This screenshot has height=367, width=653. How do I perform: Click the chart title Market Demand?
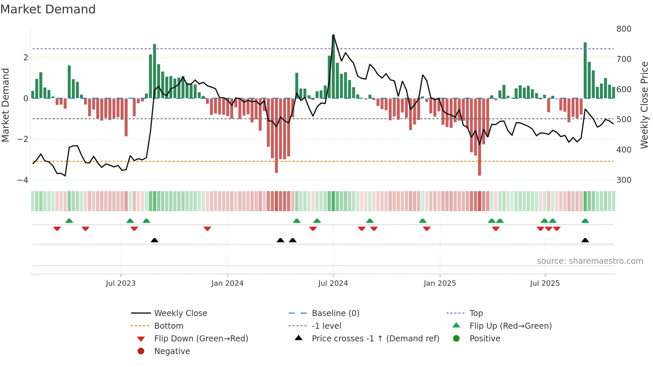click(48, 9)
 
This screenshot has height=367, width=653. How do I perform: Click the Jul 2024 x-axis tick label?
click(333, 283)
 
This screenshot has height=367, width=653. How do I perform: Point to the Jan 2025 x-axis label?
click(439, 283)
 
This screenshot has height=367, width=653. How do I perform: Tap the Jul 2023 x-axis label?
click(121, 283)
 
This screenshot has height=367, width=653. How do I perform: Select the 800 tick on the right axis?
click(624, 29)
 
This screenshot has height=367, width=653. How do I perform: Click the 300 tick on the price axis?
click(624, 180)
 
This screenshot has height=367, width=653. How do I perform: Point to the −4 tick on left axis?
click(23, 180)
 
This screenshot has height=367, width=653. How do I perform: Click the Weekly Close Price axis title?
click(644, 105)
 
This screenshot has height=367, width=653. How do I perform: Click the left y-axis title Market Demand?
click(5, 105)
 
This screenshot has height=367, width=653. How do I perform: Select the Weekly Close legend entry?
click(180, 313)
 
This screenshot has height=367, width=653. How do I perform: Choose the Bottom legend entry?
click(169, 326)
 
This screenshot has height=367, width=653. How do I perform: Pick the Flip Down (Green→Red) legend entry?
click(201, 339)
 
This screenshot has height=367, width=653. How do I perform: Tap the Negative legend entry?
click(172, 351)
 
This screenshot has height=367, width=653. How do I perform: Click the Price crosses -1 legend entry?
click(375, 339)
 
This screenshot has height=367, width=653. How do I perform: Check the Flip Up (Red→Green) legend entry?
click(510, 326)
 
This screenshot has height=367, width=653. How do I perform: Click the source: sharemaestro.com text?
click(590, 261)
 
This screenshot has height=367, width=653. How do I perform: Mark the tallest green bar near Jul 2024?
click(333, 67)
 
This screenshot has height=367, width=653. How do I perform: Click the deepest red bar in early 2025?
click(479, 137)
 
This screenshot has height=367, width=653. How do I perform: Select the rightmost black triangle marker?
click(585, 240)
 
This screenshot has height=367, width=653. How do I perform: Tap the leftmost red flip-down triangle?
click(57, 228)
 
